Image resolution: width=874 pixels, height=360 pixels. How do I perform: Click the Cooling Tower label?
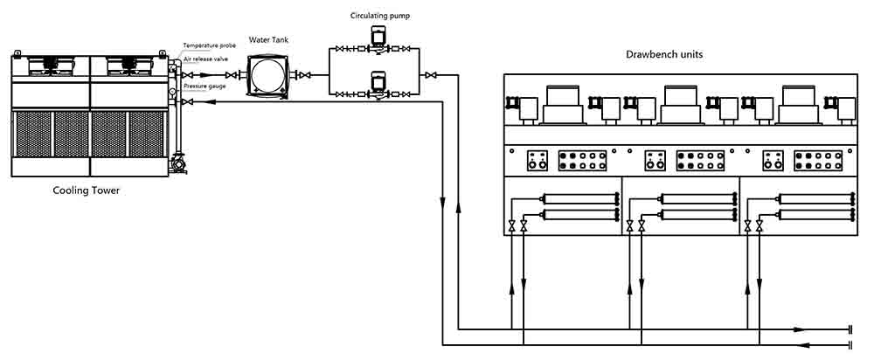86,191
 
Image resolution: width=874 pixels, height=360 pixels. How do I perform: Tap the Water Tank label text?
268,39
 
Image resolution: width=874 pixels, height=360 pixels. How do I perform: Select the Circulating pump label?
379,16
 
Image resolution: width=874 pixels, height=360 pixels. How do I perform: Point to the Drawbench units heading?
664,55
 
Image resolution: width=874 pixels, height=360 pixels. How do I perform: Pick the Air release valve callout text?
205,59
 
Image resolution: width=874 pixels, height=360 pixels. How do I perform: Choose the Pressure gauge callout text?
205,86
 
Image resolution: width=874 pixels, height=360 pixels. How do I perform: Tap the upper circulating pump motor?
378,37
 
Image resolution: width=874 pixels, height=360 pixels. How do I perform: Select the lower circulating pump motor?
378,80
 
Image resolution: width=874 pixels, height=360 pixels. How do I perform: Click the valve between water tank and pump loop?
305,75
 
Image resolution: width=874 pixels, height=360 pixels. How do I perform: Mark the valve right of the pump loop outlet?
431,75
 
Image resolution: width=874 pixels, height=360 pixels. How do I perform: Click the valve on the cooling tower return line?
188,102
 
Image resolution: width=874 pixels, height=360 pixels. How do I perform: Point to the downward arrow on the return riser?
442,201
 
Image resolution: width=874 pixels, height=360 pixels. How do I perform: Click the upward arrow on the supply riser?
458,207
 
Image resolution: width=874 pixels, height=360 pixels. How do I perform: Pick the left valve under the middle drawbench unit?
630,225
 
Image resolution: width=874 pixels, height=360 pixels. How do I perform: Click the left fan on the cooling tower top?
51,66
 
